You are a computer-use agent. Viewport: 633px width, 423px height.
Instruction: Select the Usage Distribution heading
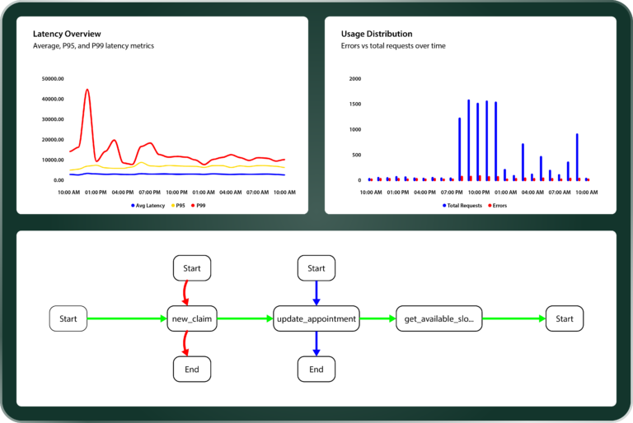pyautogui.click(x=377, y=34)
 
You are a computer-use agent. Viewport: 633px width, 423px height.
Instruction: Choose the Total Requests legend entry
pyautogui.click(x=463, y=205)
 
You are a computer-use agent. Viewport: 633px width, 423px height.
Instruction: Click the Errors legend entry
pyautogui.click(x=496, y=205)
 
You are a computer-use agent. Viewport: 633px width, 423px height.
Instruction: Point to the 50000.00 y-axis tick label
pyautogui.click(x=53, y=79)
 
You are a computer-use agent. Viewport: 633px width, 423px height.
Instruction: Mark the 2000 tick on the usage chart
pyautogui.click(x=355, y=79)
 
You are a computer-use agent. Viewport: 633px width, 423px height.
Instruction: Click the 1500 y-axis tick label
pyautogui.click(x=355, y=105)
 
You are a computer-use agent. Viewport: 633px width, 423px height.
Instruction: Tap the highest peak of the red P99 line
pyautogui.click(x=87, y=90)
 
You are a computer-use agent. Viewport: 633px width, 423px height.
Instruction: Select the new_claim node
pyautogui.click(x=192, y=318)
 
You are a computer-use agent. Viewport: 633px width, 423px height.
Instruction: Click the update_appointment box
pyautogui.click(x=316, y=318)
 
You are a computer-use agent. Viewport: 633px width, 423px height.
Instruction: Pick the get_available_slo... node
pyautogui.click(x=439, y=318)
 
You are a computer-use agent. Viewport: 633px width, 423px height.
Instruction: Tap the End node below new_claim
pyautogui.click(x=192, y=370)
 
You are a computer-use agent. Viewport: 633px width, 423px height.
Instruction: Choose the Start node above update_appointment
pyautogui.click(x=316, y=268)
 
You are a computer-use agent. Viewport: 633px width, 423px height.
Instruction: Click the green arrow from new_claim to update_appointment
pyautogui.click(x=245, y=318)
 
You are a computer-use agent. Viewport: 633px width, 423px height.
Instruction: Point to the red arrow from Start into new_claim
pyautogui.click(x=185, y=293)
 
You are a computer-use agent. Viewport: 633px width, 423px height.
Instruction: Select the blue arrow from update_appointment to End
pyautogui.click(x=316, y=344)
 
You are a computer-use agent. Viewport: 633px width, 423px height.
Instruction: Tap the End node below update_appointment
pyautogui.click(x=316, y=370)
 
